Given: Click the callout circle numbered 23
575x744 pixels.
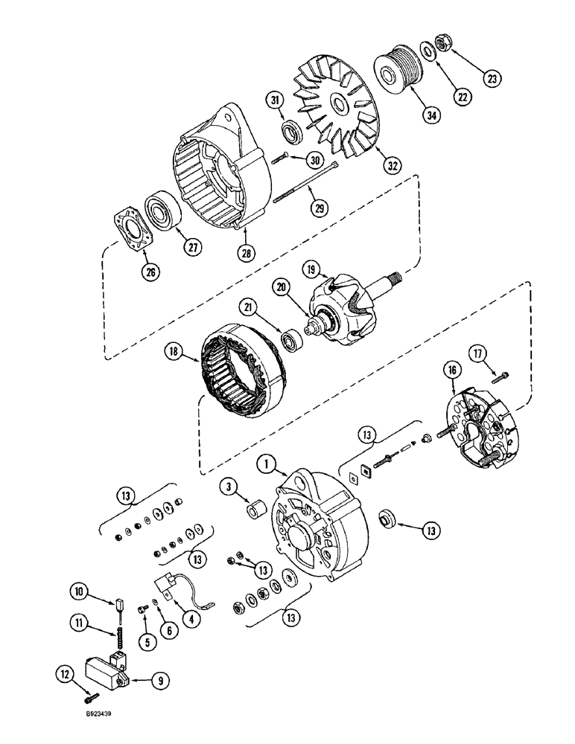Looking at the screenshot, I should (493, 77).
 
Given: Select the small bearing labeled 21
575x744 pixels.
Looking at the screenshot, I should (290, 341).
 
